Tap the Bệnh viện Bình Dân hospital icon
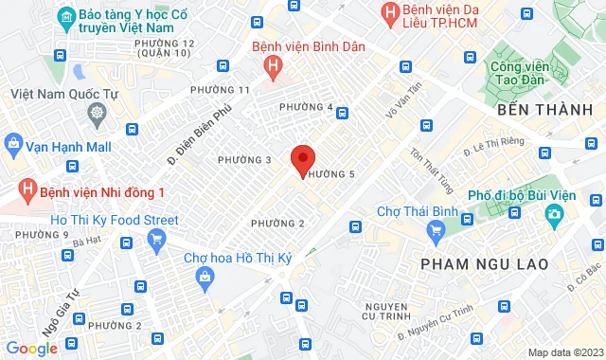click(274, 65)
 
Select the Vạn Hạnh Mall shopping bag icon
click(13, 145)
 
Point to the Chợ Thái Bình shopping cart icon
click(436, 229)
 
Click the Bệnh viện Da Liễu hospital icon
click(388, 12)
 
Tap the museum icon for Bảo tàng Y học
click(66, 17)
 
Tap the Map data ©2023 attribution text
click(563, 352)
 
